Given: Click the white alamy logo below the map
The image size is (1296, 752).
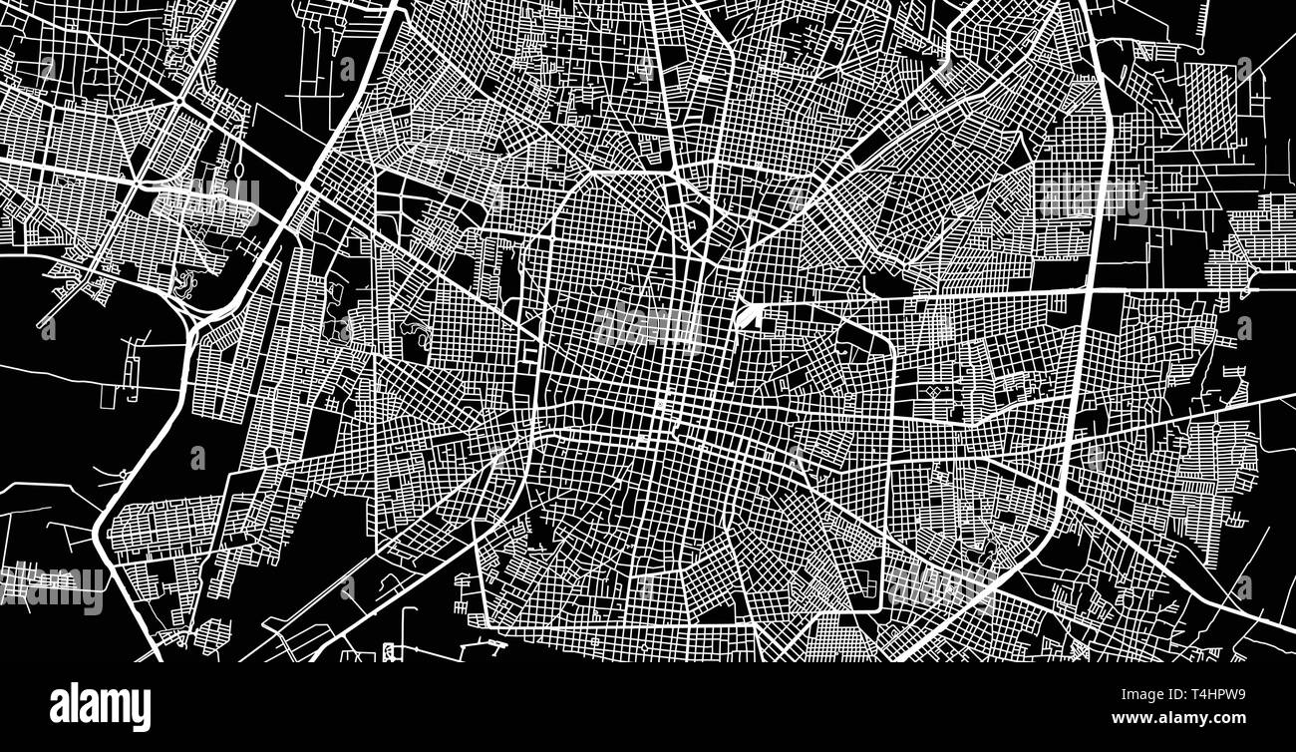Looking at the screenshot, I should [100, 706].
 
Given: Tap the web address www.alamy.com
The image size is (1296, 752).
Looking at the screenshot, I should [1178, 718].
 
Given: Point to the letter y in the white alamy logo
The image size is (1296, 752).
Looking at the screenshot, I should [142, 710].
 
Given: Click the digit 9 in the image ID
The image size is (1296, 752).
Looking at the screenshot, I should [1240, 696].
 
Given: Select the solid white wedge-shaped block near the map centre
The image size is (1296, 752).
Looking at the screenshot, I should [745, 317].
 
